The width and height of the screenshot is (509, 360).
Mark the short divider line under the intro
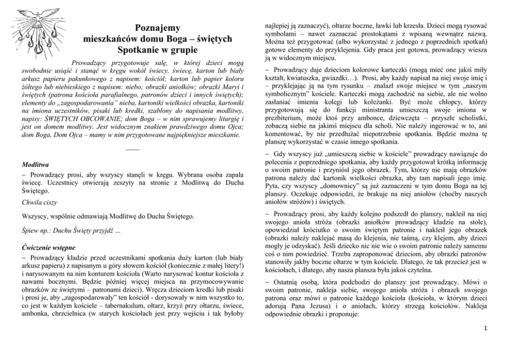pyautogui.click(x=132, y=150)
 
